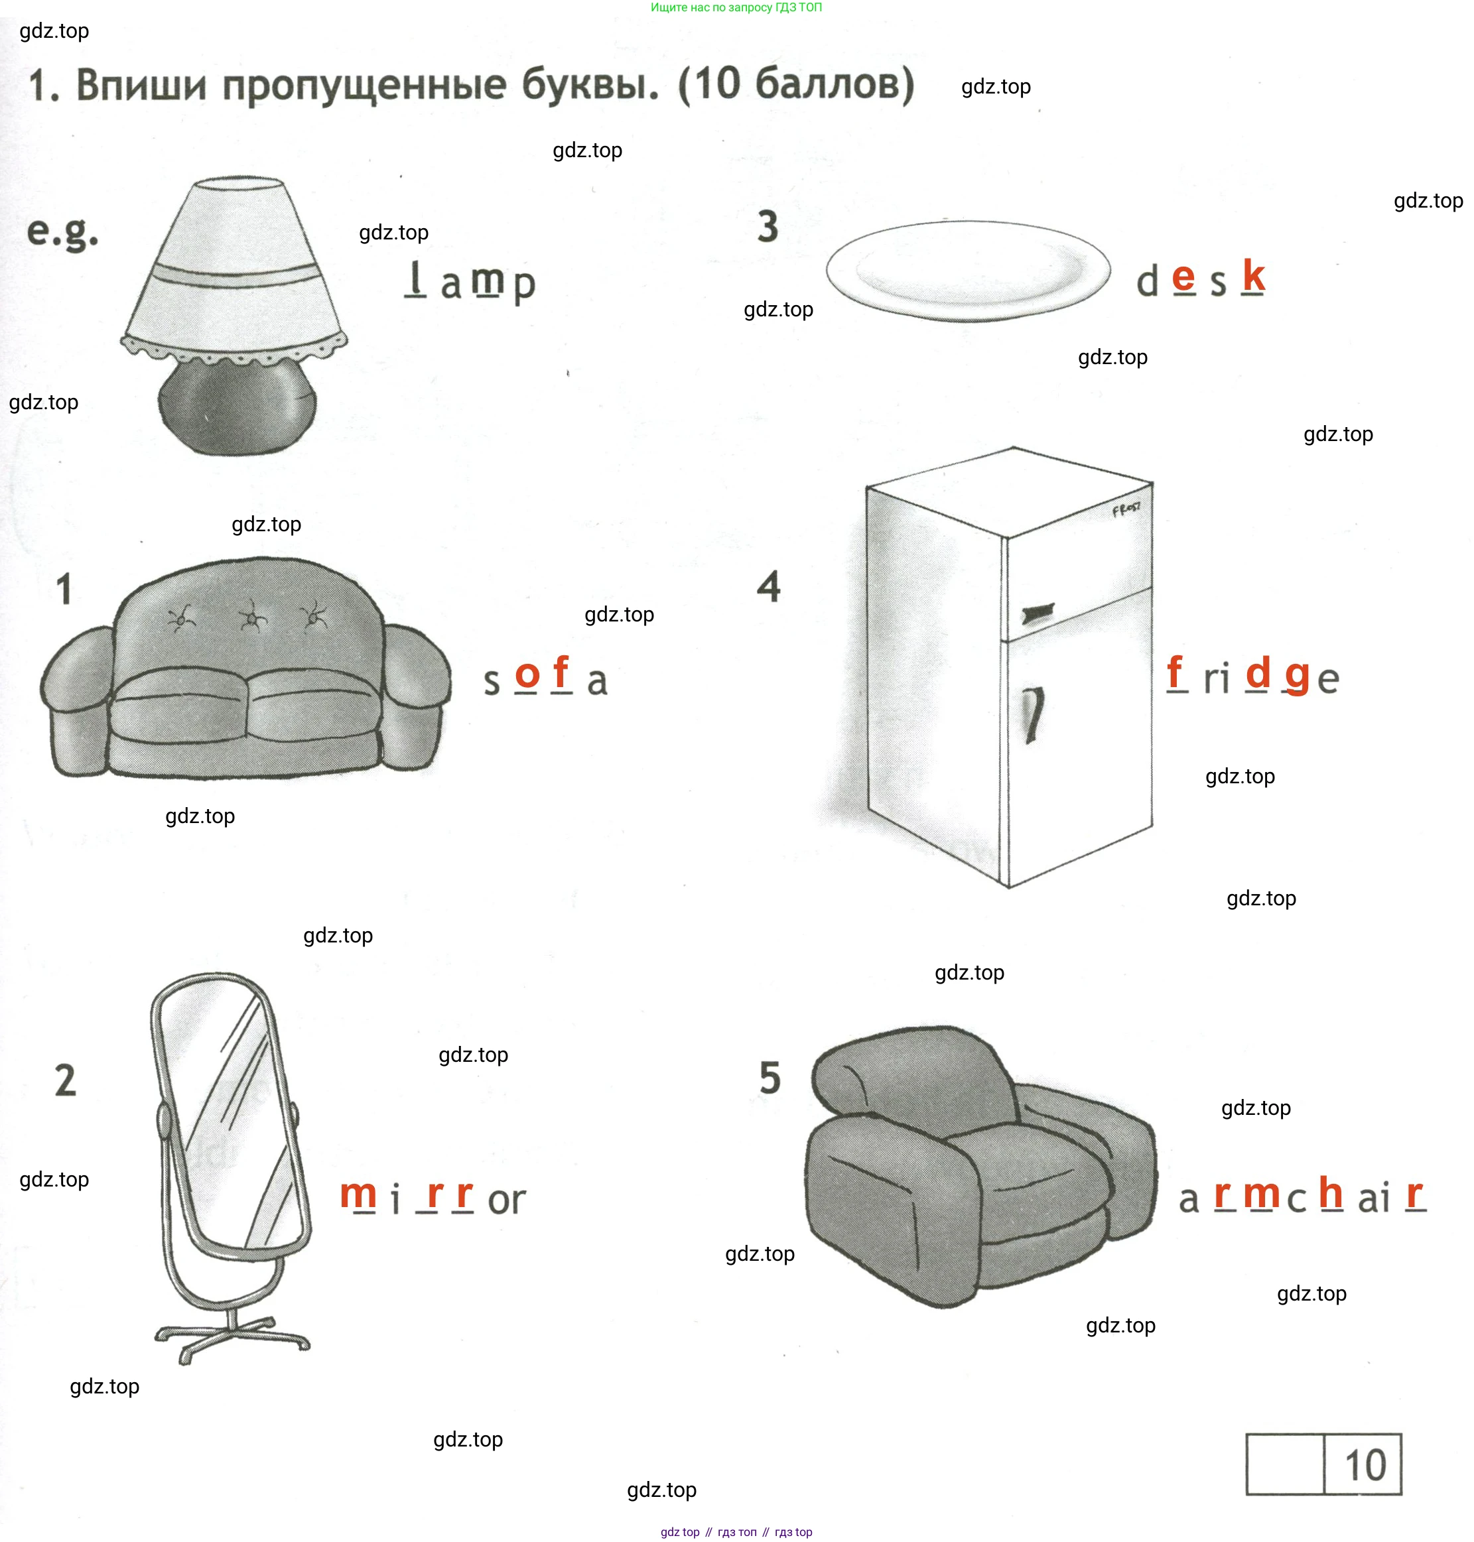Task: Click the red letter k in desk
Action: [1253, 276]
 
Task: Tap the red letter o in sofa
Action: [527, 674]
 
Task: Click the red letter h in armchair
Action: [1331, 1192]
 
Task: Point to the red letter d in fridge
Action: [1258, 673]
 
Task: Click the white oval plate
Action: [968, 271]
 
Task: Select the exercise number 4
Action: [768, 586]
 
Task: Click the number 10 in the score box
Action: [1366, 1465]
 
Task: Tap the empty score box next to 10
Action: [1285, 1464]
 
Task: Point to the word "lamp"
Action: [470, 282]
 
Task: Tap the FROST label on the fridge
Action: [1126, 510]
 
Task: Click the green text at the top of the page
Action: [736, 7]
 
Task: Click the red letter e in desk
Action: [1183, 277]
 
